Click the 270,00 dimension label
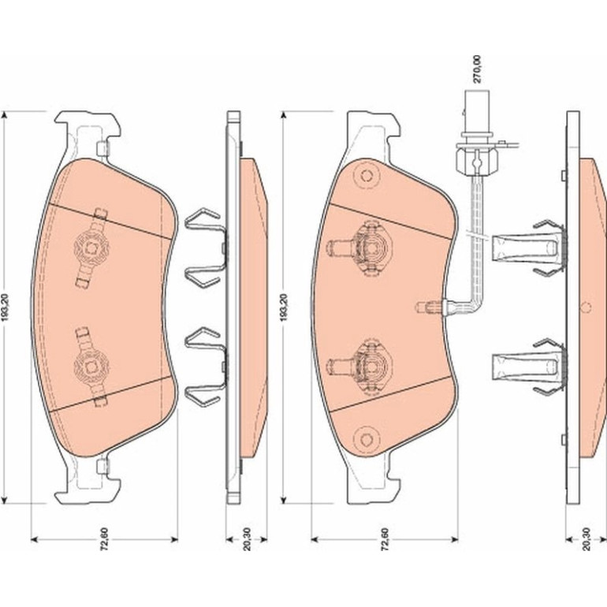click(477, 69)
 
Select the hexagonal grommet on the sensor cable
click(477, 162)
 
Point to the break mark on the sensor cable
click(475, 234)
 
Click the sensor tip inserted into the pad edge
click(430, 307)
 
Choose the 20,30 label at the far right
click(587, 538)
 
